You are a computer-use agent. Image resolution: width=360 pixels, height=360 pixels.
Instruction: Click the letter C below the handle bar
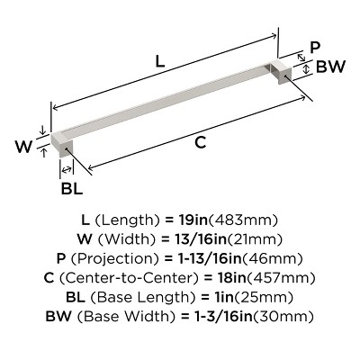(x=201, y=142)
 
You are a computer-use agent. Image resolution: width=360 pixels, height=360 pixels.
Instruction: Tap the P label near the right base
(x=314, y=48)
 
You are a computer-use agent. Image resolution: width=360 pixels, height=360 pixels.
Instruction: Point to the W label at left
(x=27, y=144)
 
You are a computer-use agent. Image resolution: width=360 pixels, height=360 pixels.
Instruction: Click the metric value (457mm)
(x=286, y=277)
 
